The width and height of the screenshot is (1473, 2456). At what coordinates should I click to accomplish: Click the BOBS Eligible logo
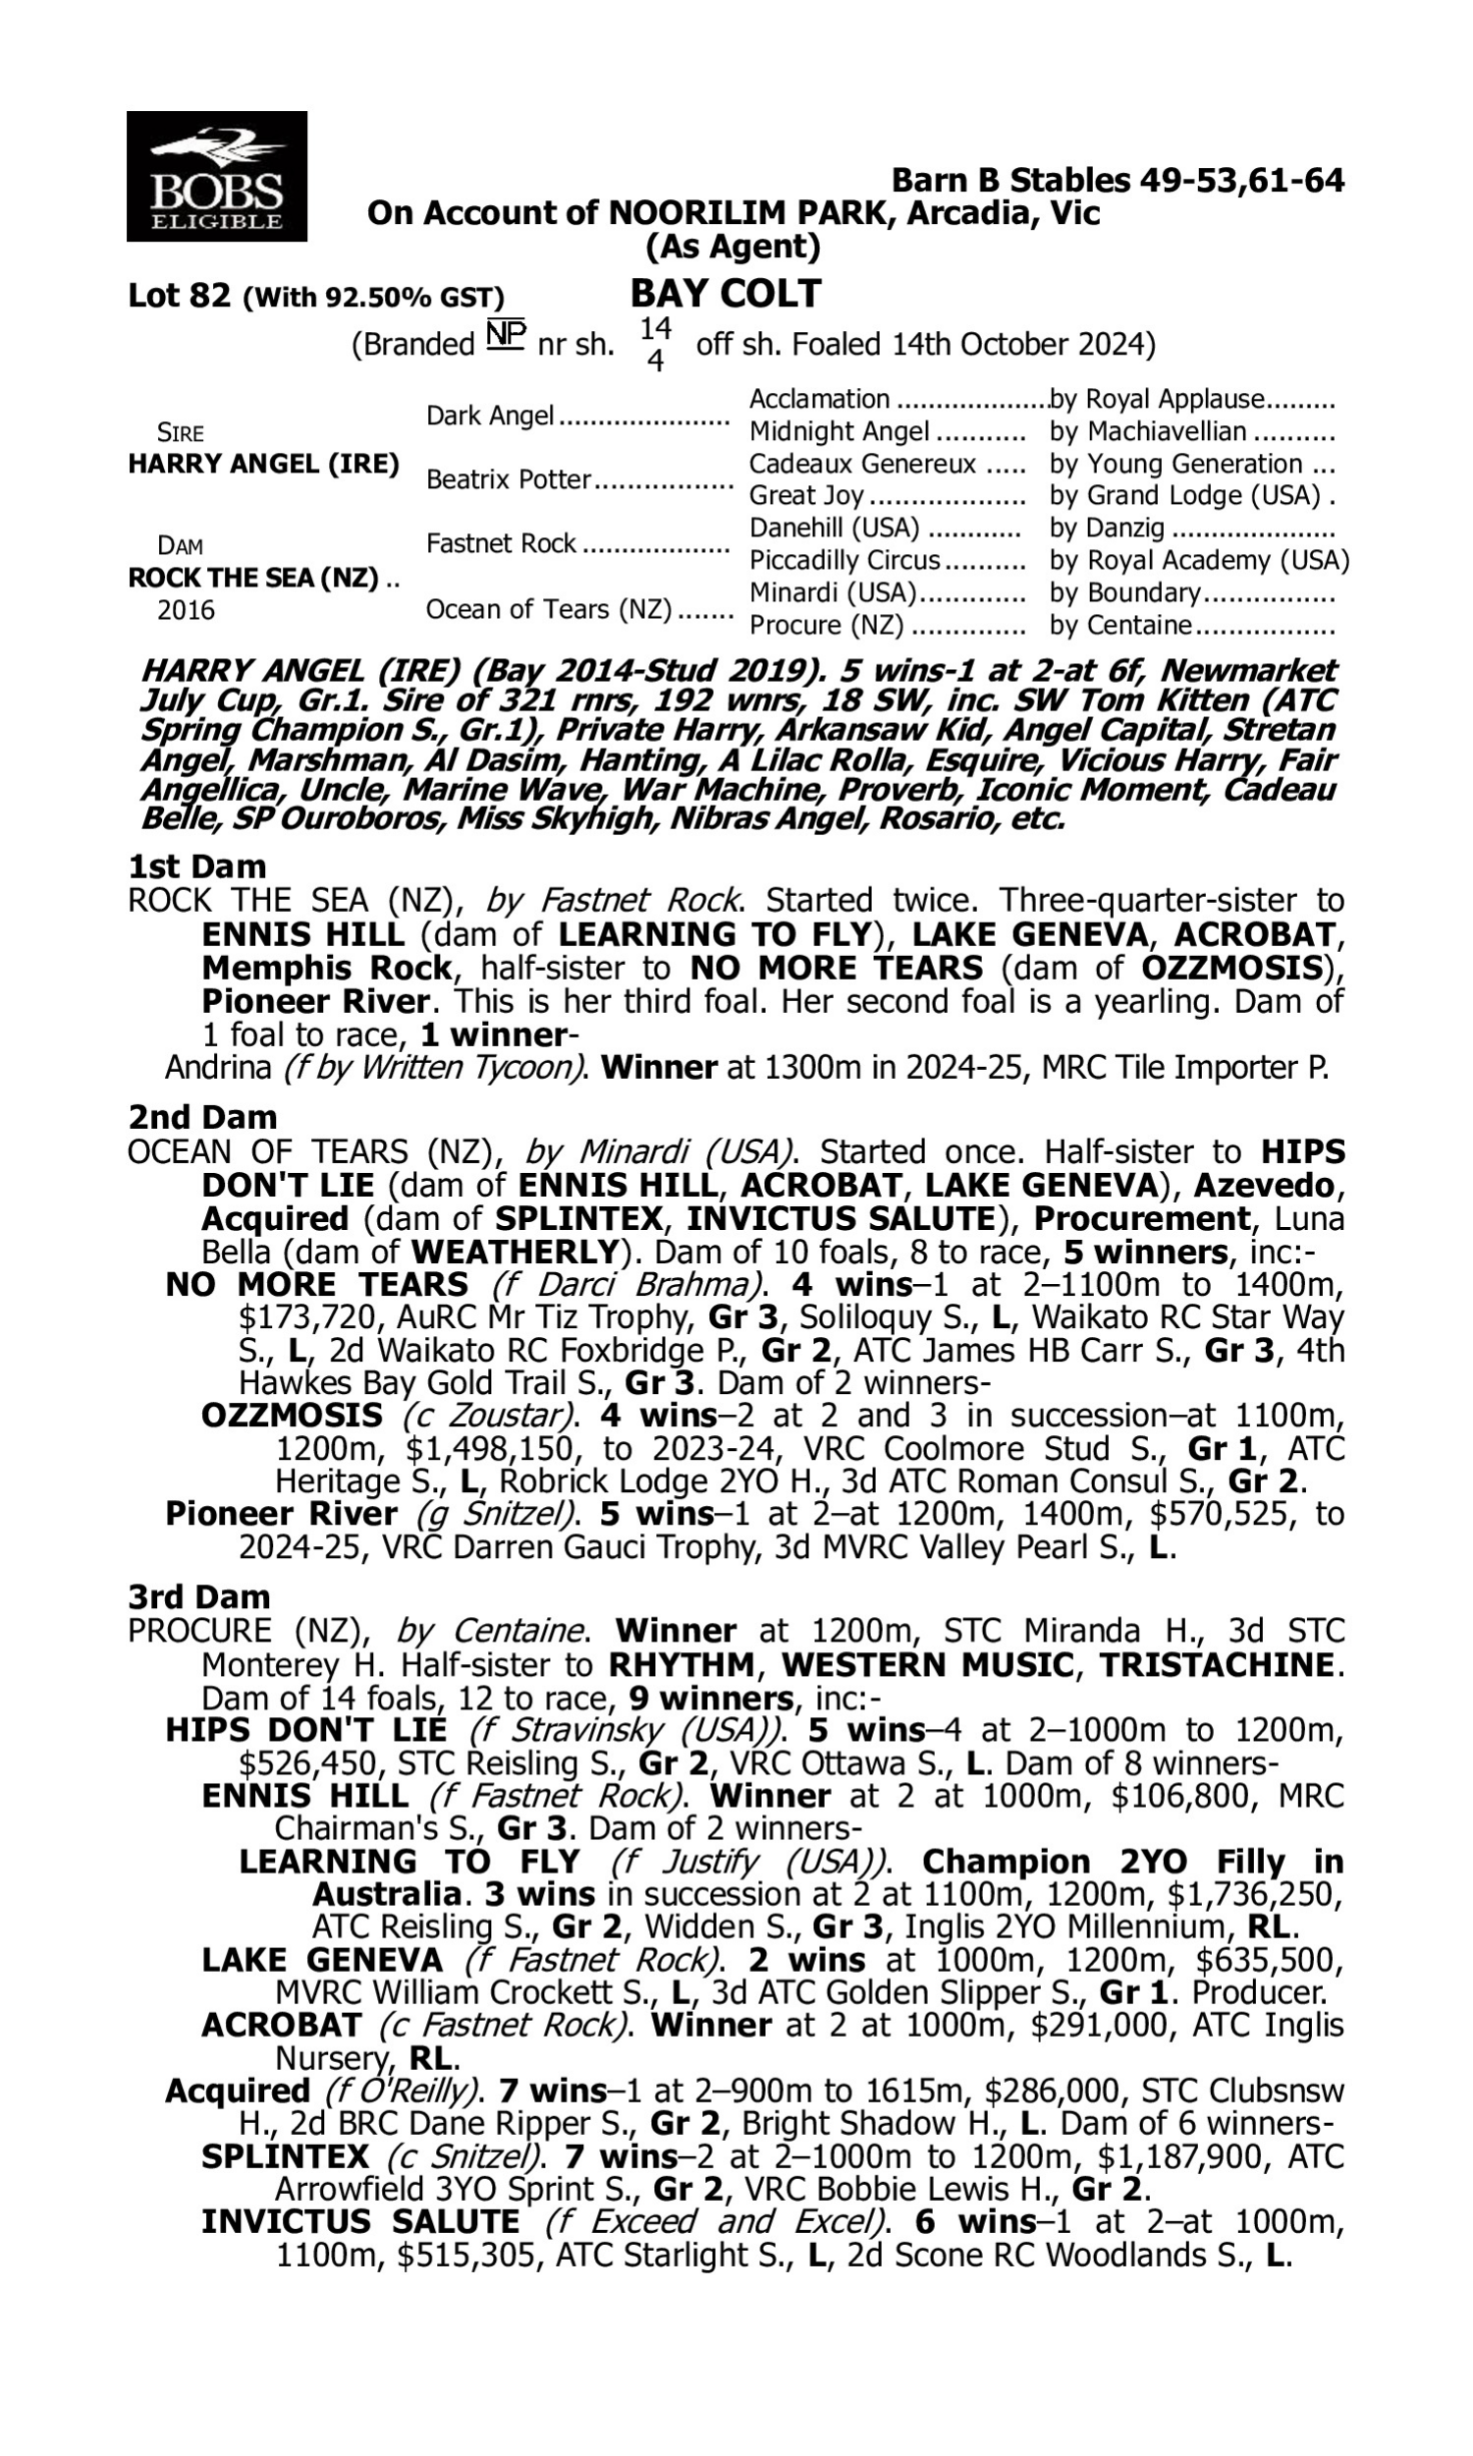coord(216,176)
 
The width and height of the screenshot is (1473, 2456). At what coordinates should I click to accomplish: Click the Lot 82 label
coord(180,296)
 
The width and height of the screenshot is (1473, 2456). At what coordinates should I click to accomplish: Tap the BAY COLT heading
coord(726,294)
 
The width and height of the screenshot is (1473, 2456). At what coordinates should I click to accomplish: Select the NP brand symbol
coord(505,336)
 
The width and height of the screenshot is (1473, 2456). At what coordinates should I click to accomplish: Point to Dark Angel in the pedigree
coord(489,416)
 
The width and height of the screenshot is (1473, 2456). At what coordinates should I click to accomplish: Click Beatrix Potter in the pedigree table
coord(509,480)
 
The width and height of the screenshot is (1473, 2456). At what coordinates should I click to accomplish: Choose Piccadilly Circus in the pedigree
coord(844,561)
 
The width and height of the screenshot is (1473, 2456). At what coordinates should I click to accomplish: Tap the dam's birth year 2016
coord(186,610)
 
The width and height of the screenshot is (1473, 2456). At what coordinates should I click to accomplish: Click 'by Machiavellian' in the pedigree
coord(1146,432)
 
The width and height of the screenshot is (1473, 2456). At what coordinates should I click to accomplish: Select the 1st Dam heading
coord(196,866)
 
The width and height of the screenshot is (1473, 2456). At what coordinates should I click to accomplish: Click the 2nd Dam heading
coord(202,1118)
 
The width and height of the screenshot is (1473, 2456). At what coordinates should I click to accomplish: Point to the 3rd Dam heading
coord(199,1597)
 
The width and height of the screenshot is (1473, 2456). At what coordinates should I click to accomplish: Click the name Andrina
coord(218,1068)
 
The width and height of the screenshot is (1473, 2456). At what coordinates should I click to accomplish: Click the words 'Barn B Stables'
coord(1011,181)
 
